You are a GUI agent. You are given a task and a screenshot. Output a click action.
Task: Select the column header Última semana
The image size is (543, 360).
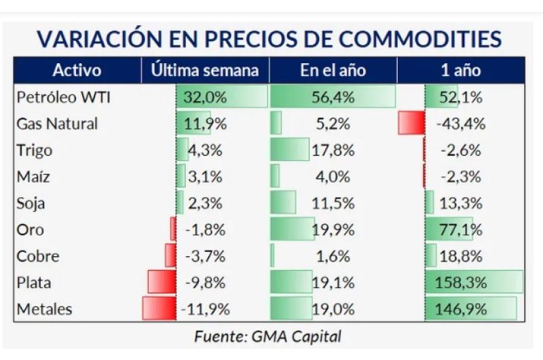click(x=205, y=71)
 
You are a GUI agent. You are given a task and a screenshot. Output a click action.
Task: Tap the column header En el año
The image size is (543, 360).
click(x=333, y=71)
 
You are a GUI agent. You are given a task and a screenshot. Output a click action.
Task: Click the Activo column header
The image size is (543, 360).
click(x=77, y=71)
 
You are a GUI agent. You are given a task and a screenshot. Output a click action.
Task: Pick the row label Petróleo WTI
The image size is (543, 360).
click(x=63, y=97)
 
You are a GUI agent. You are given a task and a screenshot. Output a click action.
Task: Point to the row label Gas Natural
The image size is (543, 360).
click(x=57, y=124)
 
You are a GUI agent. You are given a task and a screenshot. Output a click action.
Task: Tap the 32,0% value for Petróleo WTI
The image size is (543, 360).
click(x=204, y=97)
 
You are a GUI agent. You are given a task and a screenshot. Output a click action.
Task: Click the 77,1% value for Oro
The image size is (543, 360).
click(x=462, y=230)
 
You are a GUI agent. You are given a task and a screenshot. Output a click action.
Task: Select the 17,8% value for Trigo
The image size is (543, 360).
click(x=333, y=150)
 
